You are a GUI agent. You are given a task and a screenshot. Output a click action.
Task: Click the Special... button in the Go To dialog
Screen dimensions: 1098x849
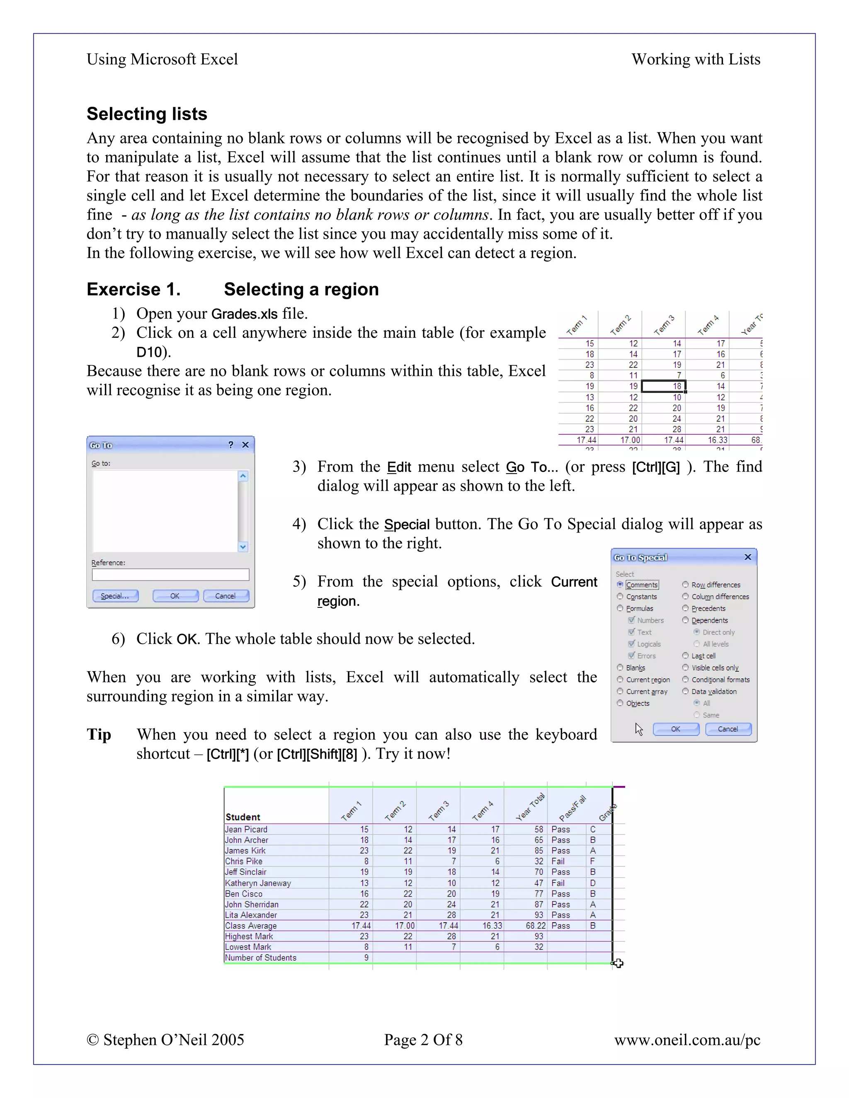pos(115,596)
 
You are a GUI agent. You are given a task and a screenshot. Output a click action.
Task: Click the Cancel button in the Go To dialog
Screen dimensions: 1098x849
pos(226,596)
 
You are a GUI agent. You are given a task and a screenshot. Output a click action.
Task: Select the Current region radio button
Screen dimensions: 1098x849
pos(620,680)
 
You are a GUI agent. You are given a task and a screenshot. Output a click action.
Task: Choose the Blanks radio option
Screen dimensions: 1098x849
pos(620,668)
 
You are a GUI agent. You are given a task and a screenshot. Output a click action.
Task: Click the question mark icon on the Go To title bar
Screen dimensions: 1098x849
pos(231,445)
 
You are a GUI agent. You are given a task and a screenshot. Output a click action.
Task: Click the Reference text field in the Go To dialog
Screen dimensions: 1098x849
pos(170,575)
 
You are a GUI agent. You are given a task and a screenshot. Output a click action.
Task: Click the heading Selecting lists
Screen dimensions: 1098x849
pos(147,114)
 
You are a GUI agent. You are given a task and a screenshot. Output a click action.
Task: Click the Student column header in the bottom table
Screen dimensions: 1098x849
pos(243,817)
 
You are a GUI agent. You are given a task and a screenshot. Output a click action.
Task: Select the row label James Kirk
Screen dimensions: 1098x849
pos(245,851)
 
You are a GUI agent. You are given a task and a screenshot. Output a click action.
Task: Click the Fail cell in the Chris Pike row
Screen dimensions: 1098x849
pos(558,861)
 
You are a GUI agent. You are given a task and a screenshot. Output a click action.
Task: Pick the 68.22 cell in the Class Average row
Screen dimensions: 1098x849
pos(535,926)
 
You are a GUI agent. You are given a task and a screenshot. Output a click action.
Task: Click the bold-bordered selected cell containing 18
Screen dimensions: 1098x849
pos(664,386)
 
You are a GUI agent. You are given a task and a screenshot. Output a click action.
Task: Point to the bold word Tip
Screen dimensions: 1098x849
pos(99,735)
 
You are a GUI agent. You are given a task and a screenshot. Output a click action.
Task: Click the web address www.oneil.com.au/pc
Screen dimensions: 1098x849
pos(687,1040)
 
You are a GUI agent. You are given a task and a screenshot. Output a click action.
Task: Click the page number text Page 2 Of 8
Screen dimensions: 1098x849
pos(423,1040)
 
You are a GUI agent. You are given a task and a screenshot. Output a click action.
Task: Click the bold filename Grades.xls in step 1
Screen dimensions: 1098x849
pos(245,314)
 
